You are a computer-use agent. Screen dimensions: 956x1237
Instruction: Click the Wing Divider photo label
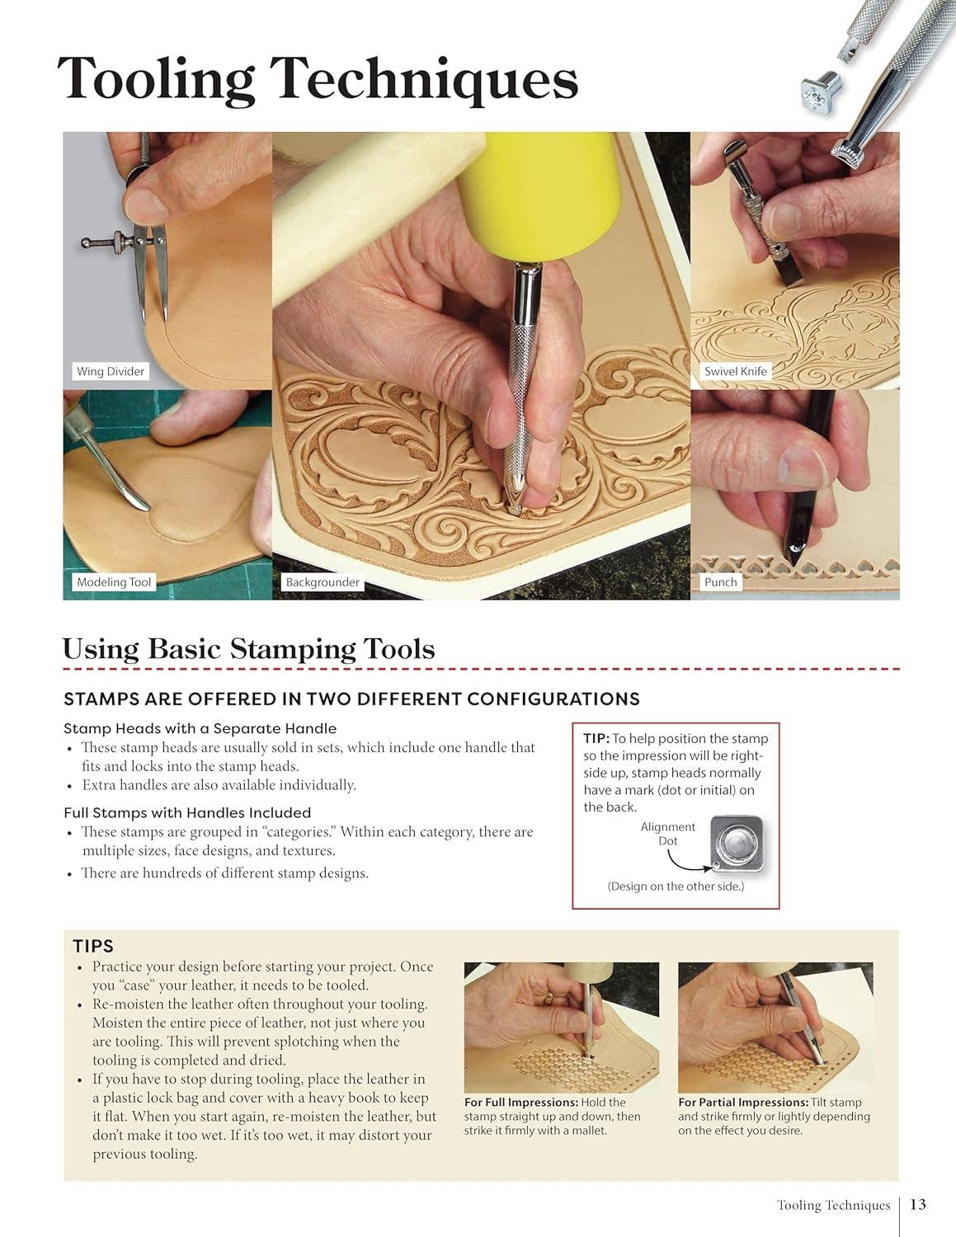pos(111,371)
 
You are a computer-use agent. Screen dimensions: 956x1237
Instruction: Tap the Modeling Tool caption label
pos(114,581)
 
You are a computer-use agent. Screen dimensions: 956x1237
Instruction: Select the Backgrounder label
pos(323,581)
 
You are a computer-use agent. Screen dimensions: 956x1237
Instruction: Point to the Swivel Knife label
pos(736,371)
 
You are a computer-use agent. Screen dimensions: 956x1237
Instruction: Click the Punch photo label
pos(720,581)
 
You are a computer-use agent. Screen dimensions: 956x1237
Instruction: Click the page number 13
pos(918,1204)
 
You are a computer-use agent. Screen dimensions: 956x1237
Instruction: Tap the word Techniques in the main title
pos(424,80)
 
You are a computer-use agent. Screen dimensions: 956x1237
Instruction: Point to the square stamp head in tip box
pos(737,844)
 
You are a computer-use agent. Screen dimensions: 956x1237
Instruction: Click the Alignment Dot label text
pos(668,834)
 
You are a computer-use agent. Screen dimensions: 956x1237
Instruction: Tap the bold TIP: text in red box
pos(596,738)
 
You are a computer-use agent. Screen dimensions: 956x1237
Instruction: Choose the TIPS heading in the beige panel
pos(93,946)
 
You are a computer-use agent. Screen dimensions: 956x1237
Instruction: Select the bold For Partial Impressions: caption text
pos(743,1102)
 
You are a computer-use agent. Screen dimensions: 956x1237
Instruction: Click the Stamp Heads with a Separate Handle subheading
pos(200,729)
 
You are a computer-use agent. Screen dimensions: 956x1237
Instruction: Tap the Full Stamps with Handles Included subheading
pos(187,813)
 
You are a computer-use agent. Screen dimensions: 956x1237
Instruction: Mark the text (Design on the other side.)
pos(676,887)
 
